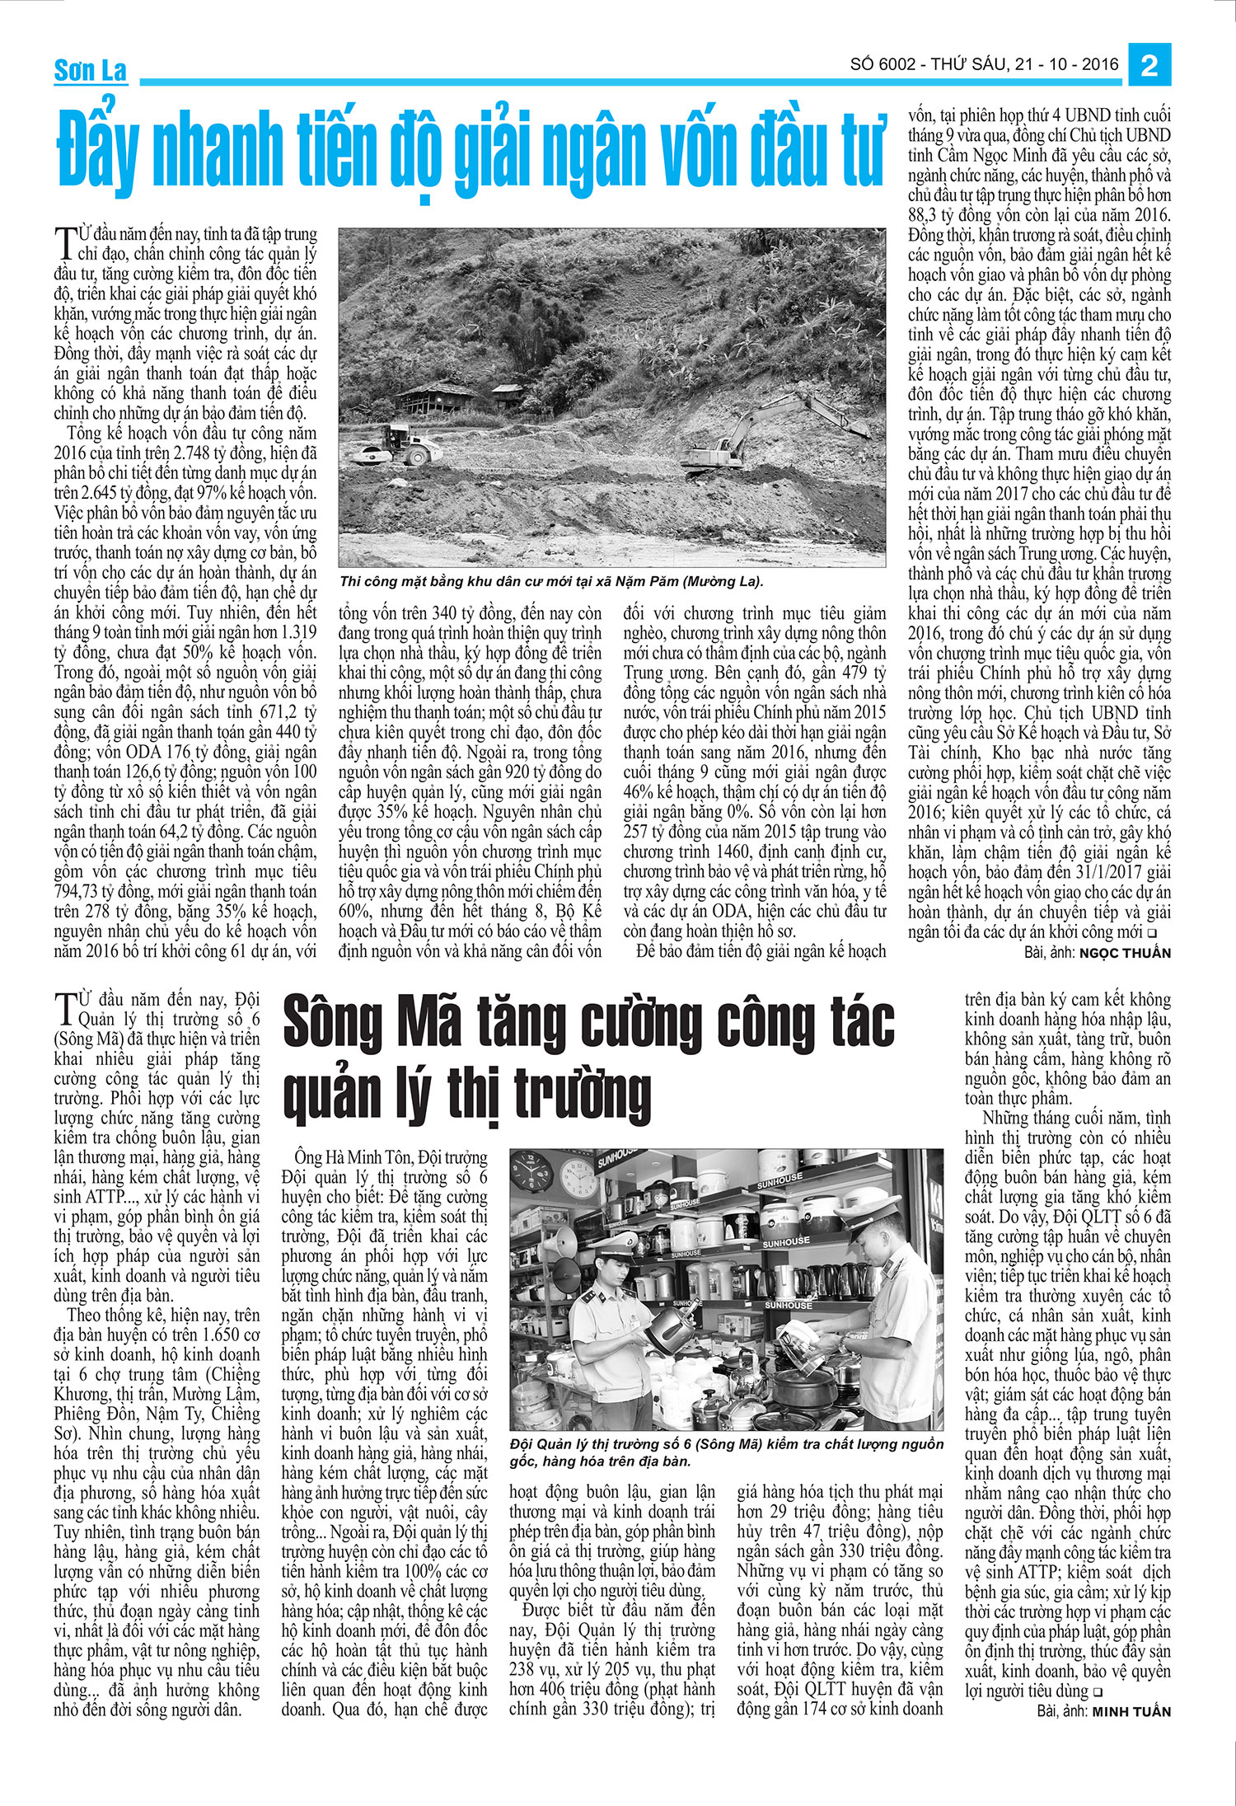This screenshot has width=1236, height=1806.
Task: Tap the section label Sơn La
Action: pyautogui.click(x=90, y=71)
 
